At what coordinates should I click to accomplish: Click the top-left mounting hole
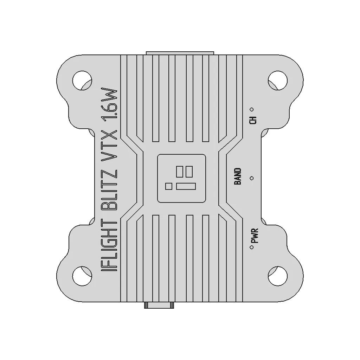point(82,81)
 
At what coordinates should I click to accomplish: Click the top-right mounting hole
point(278,81)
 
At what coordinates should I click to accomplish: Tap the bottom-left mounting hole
point(82,276)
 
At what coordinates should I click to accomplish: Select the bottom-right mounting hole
point(278,276)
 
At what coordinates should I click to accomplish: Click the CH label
point(253,120)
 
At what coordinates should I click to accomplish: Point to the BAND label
point(238,176)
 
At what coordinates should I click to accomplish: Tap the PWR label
point(255,236)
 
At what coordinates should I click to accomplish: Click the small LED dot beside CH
point(252,110)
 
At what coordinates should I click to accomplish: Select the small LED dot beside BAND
point(252,178)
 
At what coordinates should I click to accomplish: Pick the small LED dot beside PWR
point(252,247)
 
